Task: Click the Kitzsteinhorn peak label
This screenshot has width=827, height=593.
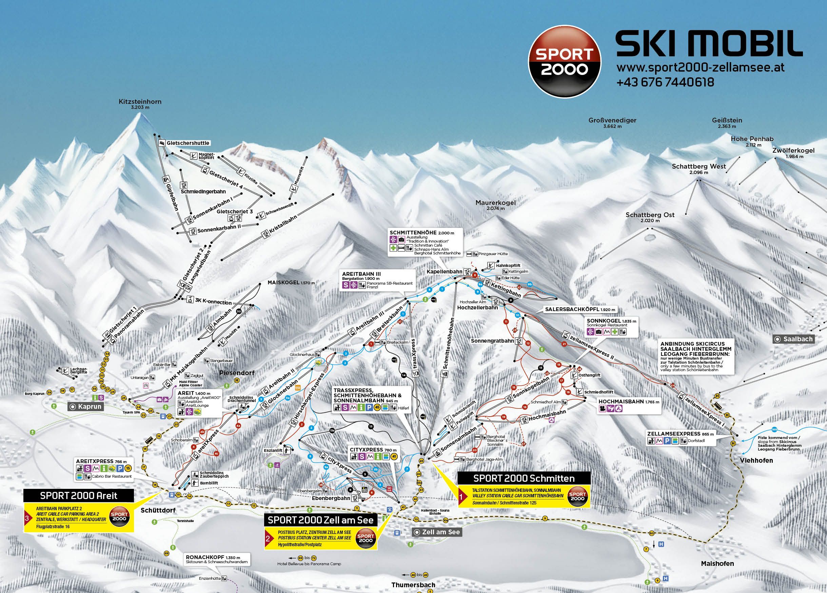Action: click(140, 102)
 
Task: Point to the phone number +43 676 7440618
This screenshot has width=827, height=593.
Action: click(665, 82)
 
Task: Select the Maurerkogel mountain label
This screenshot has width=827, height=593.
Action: click(495, 203)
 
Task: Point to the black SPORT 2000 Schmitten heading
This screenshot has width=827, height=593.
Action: click(524, 478)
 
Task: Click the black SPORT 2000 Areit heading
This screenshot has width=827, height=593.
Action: click(79, 495)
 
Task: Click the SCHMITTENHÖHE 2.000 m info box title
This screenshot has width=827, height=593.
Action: click(421, 232)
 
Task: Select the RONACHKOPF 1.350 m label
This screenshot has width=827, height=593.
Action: click(213, 558)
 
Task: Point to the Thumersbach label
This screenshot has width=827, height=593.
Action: click(413, 585)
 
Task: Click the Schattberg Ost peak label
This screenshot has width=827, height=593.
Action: click(650, 215)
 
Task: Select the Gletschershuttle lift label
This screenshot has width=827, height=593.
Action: click(188, 143)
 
